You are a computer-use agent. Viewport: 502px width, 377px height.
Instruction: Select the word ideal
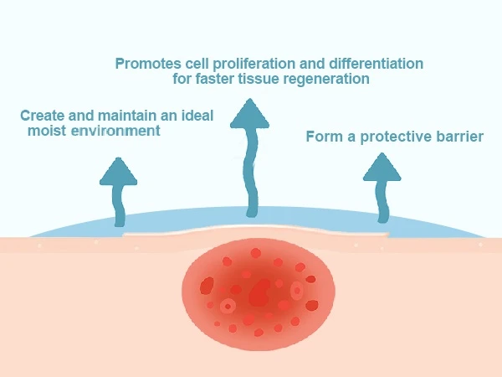click(x=197, y=115)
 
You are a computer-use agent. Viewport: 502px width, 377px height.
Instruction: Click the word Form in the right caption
click(x=323, y=136)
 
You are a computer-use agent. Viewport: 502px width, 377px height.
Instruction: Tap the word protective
click(x=392, y=137)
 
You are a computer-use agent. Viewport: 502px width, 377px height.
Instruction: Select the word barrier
click(x=459, y=136)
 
